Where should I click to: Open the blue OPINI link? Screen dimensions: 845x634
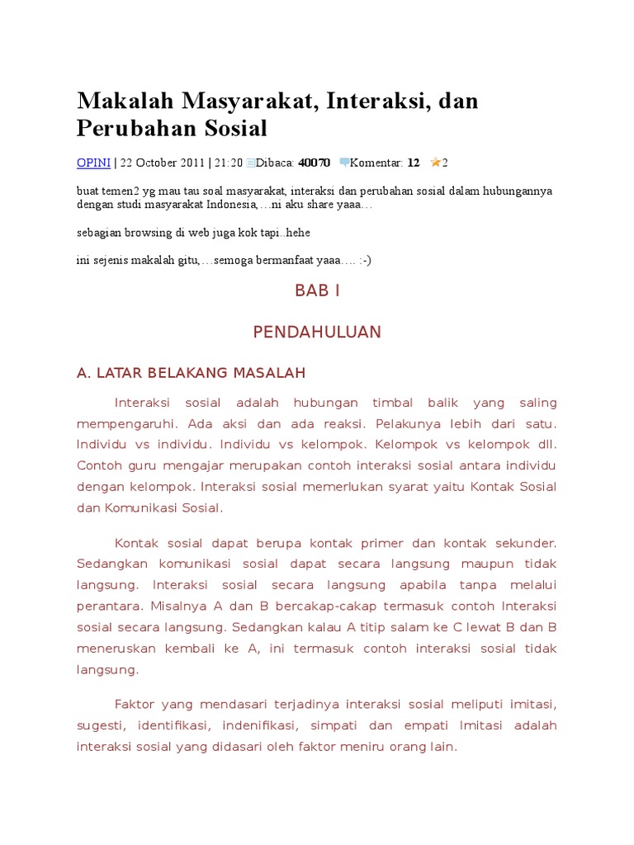tap(93, 163)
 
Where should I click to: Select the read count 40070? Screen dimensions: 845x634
tap(314, 163)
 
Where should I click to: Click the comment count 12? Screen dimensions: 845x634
tap(414, 163)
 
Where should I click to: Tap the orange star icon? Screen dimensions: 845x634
tap(435, 163)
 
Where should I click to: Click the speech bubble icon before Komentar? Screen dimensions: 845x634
tap(344, 163)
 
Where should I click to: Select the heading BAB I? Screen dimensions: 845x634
tap(317, 290)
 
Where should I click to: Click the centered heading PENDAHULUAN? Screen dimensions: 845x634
tap(317, 332)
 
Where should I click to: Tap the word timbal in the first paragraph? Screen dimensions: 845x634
tap(393, 403)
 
